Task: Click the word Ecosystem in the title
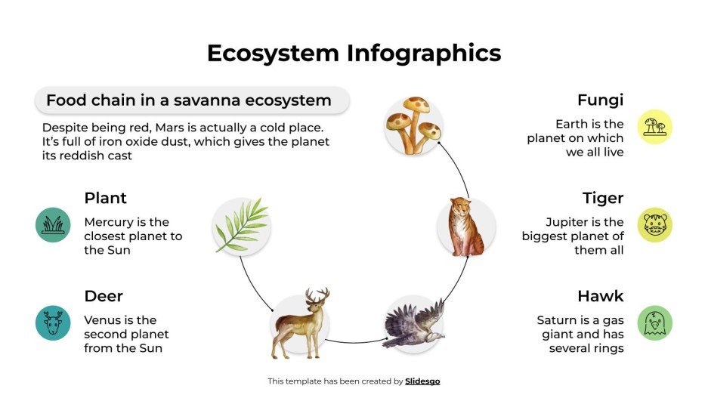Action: pyautogui.click(x=273, y=53)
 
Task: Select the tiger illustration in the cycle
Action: pyautogui.click(x=466, y=226)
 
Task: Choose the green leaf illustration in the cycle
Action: pyautogui.click(x=241, y=225)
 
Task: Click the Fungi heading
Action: pyautogui.click(x=600, y=100)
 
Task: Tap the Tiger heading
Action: pyautogui.click(x=602, y=198)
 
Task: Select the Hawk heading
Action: pyautogui.click(x=600, y=295)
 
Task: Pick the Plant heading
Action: pyautogui.click(x=105, y=198)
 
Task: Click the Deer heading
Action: pyautogui.click(x=104, y=295)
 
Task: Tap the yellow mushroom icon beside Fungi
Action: pyautogui.click(x=654, y=127)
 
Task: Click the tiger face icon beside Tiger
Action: pyautogui.click(x=654, y=225)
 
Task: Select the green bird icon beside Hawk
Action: pyautogui.click(x=654, y=323)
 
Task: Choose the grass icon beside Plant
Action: pyautogui.click(x=53, y=225)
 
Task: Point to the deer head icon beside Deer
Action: pyautogui.click(x=53, y=323)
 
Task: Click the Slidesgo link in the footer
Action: pyautogui.click(x=422, y=381)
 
